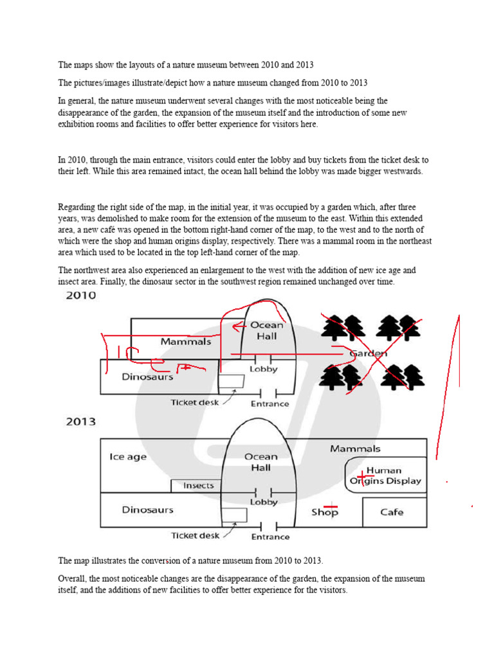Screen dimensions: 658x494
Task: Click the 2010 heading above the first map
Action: click(x=80, y=296)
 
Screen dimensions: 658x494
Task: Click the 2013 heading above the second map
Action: click(x=80, y=422)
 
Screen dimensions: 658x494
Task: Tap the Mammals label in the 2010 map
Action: click(x=186, y=342)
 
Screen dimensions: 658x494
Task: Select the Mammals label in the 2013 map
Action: click(x=355, y=449)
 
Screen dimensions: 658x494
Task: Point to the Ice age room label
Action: click(x=128, y=457)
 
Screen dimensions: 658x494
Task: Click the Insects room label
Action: click(x=198, y=485)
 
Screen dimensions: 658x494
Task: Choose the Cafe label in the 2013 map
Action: click(x=392, y=512)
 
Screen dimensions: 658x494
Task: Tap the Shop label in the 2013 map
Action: click(x=325, y=512)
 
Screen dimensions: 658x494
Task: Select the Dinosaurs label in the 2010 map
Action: click(x=148, y=377)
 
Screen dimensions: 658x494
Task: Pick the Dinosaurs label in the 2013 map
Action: click(x=148, y=510)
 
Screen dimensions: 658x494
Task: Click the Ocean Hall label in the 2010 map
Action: click(x=266, y=330)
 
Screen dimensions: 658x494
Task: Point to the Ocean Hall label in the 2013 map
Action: click(x=261, y=462)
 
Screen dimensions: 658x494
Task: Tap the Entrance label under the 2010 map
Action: click(x=270, y=404)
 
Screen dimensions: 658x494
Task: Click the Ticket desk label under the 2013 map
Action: click(x=196, y=535)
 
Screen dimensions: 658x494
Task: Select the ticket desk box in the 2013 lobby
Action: click(x=234, y=515)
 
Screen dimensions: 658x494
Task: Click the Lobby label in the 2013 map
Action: click(x=264, y=502)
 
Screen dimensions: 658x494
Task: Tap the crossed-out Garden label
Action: click(x=368, y=353)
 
